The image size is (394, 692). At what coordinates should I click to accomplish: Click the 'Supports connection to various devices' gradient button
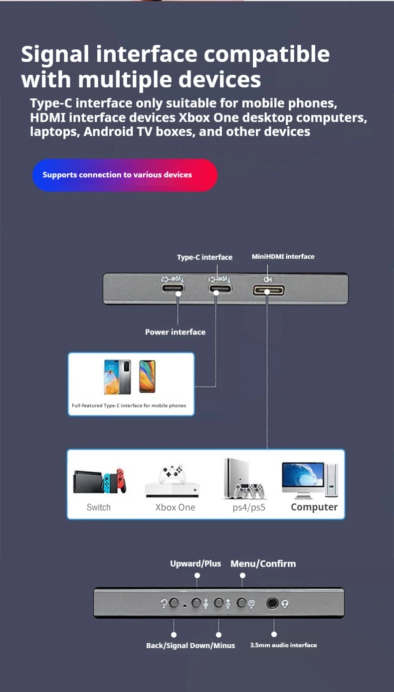[125, 175]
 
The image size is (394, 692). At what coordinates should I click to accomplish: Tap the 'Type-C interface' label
[204, 257]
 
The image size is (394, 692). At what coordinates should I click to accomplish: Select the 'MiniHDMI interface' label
[283, 257]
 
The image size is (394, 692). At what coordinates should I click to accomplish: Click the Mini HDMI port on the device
[268, 290]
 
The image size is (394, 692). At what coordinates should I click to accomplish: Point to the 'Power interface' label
[175, 332]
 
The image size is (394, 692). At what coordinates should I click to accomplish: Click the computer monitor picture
[303, 479]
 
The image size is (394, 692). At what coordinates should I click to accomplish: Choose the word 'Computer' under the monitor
[314, 507]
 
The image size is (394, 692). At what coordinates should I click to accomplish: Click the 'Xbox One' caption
[175, 507]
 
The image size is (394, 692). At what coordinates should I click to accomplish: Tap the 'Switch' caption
[99, 507]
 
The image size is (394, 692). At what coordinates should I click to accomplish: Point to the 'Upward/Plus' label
[196, 564]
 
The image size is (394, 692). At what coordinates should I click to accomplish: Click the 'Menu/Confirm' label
[263, 564]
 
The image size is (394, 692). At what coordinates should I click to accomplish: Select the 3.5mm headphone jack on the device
[272, 603]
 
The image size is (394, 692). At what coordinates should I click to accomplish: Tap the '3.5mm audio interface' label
[283, 645]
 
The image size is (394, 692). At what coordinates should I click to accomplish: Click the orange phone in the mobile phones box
[147, 376]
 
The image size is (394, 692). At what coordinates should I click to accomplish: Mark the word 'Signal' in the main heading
[55, 54]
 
